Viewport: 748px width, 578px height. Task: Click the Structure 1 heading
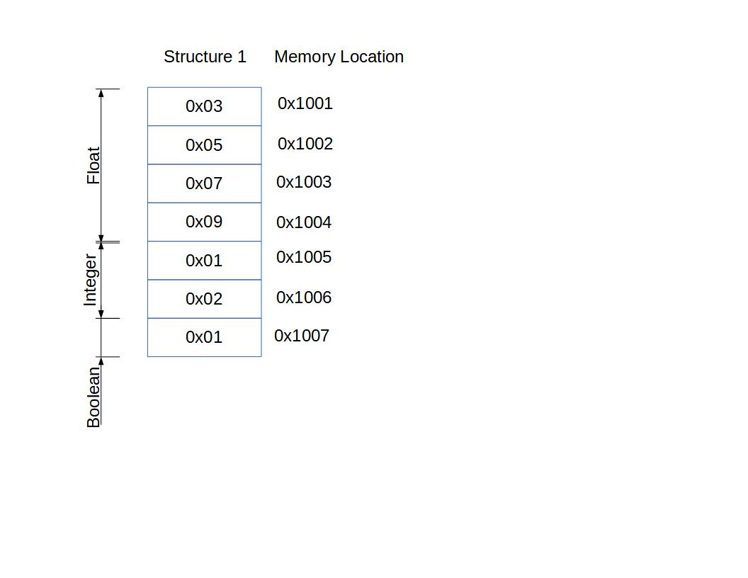pyautogui.click(x=205, y=57)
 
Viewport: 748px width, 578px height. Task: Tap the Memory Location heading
pyautogui.click(x=339, y=57)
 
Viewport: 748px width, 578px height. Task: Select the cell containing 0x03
pyautogui.click(x=204, y=106)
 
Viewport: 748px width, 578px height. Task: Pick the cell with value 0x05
pyautogui.click(x=204, y=145)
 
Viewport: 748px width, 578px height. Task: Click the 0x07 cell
pyautogui.click(x=204, y=183)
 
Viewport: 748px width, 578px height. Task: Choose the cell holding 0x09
pyautogui.click(x=204, y=222)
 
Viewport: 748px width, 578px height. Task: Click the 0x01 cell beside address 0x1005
pyautogui.click(x=204, y=261)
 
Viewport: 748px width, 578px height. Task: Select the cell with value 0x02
pyautogui.click(x=204, y=299)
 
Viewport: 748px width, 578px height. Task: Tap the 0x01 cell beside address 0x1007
pyautogui.click(x=204, y=337)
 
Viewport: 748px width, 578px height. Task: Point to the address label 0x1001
pyautogui.click(x=305, y=103)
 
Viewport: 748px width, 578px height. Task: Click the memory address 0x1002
pyautogui.click(x=305, y=144)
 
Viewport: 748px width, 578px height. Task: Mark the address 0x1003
pyautogui.click(x=304, y=182)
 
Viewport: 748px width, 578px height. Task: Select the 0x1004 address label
pyautogui.click(x=304, y=222)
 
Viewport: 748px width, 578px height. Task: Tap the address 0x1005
pyautogui.click(x=304, y=257)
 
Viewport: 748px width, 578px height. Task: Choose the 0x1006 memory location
pyautogui.click(x=304, y=297)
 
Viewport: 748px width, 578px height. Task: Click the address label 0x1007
pyautogui.click(x=302, y=336)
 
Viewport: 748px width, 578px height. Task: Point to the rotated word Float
pyautogui.click(x=93, y=166)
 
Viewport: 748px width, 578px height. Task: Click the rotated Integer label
pyautogui.click(x=90, y=280)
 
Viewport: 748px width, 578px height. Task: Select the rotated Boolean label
pyautogui.click(x=93, y=397)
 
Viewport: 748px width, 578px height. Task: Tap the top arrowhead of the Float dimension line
pyautogui.click(x=101, y=93)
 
